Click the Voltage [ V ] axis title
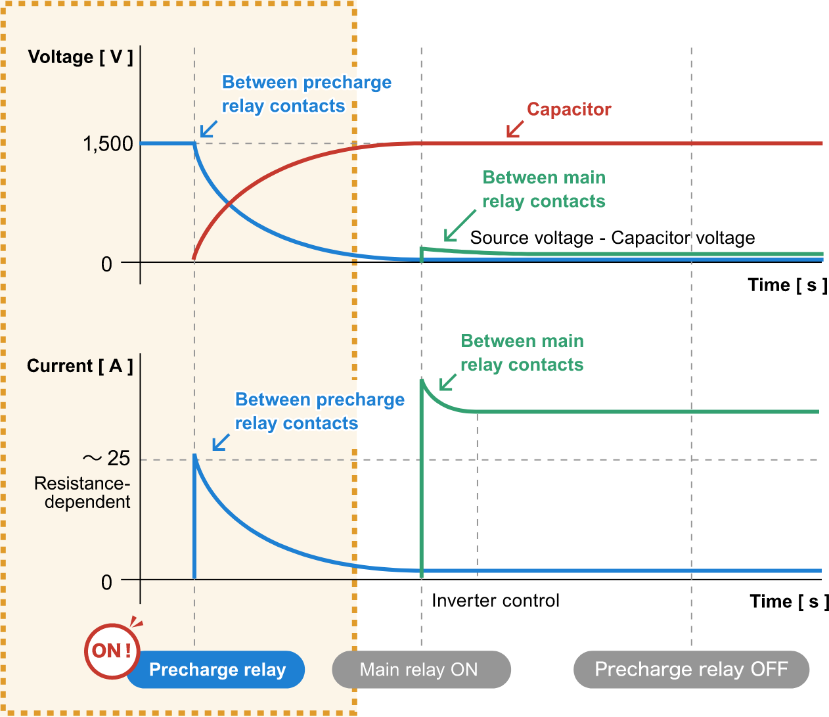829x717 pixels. [80, 57]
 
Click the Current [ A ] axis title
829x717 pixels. [79, 366]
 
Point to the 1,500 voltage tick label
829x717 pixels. [108, 144]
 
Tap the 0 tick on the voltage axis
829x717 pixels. [106, 264]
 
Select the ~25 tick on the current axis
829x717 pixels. [106, 458]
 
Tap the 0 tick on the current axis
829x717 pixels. [106, 582]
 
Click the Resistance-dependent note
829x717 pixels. [83, 493]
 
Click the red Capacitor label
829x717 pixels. [569, 109]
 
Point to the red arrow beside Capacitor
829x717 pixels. [515, 129]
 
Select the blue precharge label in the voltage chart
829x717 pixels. [307, 94]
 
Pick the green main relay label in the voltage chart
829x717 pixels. [544, 189]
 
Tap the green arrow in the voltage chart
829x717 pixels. [460, 225]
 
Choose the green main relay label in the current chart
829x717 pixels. [522, 353]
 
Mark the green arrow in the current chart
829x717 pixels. [448, 381]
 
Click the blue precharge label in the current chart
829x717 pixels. [320, 411]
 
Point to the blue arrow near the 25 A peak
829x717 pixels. [221, 442]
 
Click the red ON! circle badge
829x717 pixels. [112, 651]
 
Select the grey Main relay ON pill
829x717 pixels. [421, 670]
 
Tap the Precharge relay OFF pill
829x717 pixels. [691, 670]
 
